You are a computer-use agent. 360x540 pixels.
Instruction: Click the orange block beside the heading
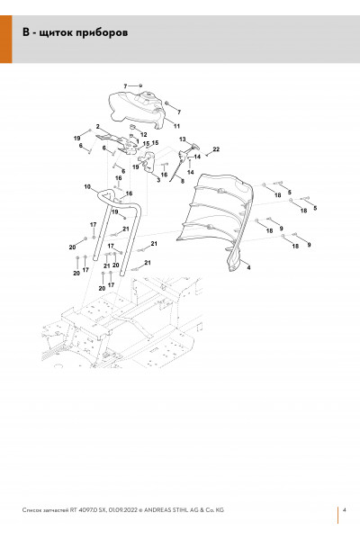pyautogui.click(x=6, y=39)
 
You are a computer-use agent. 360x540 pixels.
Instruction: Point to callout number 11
pyautogui.click(x=176, y=126)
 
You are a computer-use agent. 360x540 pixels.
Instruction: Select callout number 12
pyautogui.click(x=144, y=135)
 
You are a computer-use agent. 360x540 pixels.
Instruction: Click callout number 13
pyautogui.click(x=182, y=139)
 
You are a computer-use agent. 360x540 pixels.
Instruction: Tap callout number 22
pyautogui.click(x=216, y=149)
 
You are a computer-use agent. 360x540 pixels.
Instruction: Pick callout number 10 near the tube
pyautogui.click(x=87, y=186)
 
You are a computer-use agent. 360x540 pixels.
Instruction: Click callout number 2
pyautogui.click(x=97, y=127)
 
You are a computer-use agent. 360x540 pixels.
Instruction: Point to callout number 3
pyautogui.click(x=158, y=180)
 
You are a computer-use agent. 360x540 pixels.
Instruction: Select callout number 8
pyautogui.click(x=183, y=181)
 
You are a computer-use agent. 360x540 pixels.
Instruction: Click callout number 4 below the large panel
pyautogui.click(x=248, y=267)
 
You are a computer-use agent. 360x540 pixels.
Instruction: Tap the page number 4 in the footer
pyautogui.click(x=345, y=509)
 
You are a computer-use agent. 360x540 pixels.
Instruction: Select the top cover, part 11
pyautogui.click(x=138, y=109)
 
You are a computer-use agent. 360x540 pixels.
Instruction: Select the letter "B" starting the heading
pyautogui.click(x=26, y=32)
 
